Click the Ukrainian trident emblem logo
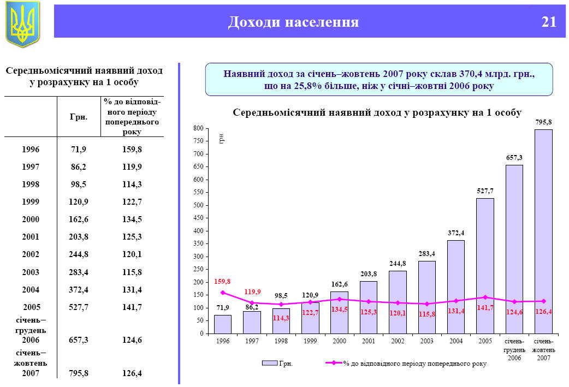[x=23, y=23]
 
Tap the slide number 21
[x=549, y=22]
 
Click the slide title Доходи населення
[x=293, y=22]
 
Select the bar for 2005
[x=485, y=265]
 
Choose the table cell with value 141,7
[x=132, y=307]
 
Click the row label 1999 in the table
[x=31, y=201]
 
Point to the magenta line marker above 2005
[x=485, y=297]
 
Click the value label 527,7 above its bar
[x=485, y=191]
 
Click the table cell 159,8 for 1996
[x=132, y=149]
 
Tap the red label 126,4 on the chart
[x=543, y=312]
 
